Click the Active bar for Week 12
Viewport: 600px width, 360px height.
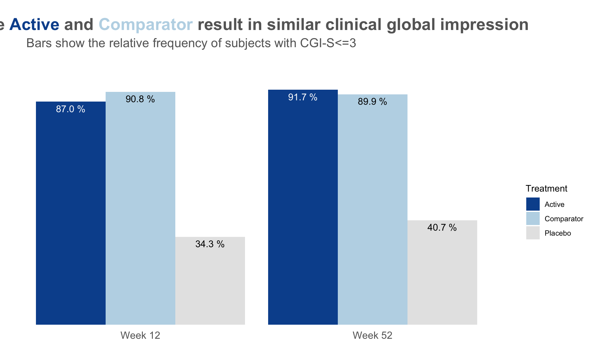(71, 213)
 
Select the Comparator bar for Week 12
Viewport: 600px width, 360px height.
(140, 208)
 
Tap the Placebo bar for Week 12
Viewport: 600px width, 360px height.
(210, 281)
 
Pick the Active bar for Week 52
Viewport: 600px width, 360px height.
(303, 207)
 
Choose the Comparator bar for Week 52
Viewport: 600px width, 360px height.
(372, 209)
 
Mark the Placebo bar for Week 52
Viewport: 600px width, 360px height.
(442, 272)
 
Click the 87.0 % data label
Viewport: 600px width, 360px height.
(71, 109)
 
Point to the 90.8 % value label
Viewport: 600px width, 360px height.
(140, 99)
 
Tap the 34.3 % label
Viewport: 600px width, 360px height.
(210, 244)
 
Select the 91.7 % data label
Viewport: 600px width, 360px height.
(303, 97)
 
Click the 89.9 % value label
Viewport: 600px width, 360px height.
(372, 102)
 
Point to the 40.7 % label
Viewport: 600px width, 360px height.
(442, 227)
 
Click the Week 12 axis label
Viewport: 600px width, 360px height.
(140, 335)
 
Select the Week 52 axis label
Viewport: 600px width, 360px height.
(372, 335)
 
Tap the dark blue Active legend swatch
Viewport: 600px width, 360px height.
(533, 204)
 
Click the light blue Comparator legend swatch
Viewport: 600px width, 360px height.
(533, 218)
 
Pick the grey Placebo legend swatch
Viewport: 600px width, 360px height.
(533, 233)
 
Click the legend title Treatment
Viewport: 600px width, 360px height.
(547, 188)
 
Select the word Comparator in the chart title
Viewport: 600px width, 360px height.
(146, 25)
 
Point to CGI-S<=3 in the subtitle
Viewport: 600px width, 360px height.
(328, 43)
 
